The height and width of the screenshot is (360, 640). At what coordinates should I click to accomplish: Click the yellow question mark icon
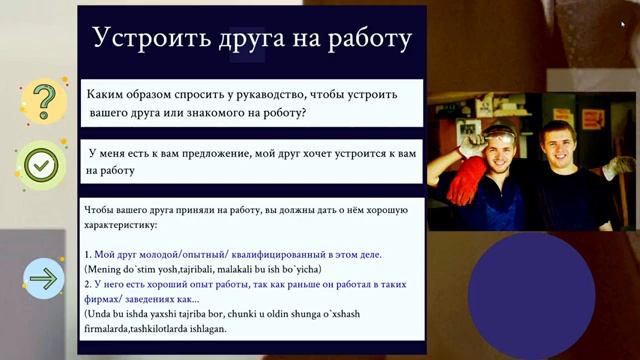[42, 100]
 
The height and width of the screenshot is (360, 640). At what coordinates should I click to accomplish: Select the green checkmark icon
[42, 165]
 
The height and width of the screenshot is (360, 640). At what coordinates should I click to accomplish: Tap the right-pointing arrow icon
[44, 278]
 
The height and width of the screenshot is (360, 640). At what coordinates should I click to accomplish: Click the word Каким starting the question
[109, 94]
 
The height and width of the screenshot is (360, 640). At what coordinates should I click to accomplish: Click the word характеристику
[128, 227]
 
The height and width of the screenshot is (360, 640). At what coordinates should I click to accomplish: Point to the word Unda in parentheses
[102, 313]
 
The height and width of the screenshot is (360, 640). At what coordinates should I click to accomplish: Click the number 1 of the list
[87, 255]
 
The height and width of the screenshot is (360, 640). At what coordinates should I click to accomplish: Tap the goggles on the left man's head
[500, 132]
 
